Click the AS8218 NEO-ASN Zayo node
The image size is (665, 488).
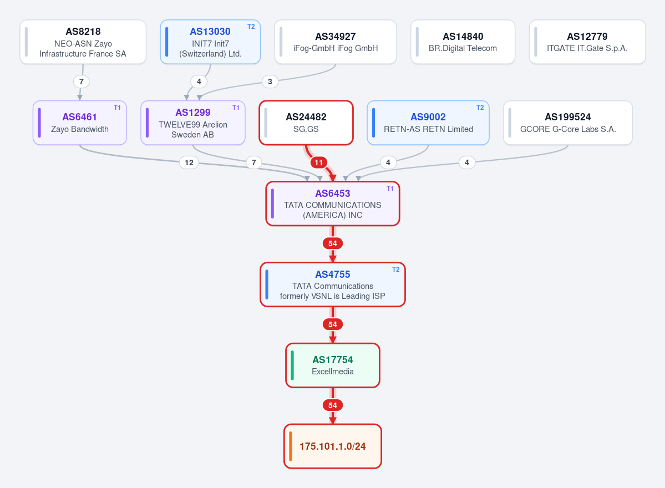click(x=83, y=42)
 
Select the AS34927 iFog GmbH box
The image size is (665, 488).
click(x=336, y=42)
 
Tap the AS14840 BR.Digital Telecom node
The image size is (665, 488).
click(x=463, y=42)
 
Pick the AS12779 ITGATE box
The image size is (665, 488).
click(x=587, y=42)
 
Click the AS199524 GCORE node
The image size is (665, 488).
click(x=568, y=123)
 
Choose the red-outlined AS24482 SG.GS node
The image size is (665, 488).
click(x=306, y=123)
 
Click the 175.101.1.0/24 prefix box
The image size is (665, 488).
click(x=333, y=446)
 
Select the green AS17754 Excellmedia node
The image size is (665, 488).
click(x=333, y=365)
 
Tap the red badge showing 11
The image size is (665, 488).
click(x=318, y=162)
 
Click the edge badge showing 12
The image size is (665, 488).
click(x=189, y=162)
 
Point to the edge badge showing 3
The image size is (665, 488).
click(x=270, y=82)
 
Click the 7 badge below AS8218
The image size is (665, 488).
click(x=82, y=82)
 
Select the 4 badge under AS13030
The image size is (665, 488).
click(x=199, y=82)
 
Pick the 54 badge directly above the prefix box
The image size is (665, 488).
click(x=333, y=405)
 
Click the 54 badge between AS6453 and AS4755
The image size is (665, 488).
click(x=333, y=243)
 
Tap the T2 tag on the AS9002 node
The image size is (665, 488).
click(x=480, y=108)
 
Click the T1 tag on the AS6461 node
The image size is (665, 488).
click(x=117, y=108)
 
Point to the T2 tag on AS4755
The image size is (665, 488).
click(x=395, y=270)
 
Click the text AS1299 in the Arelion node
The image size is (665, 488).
click(x=193, y=113)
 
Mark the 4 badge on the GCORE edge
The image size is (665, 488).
click(x=467, y=162)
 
